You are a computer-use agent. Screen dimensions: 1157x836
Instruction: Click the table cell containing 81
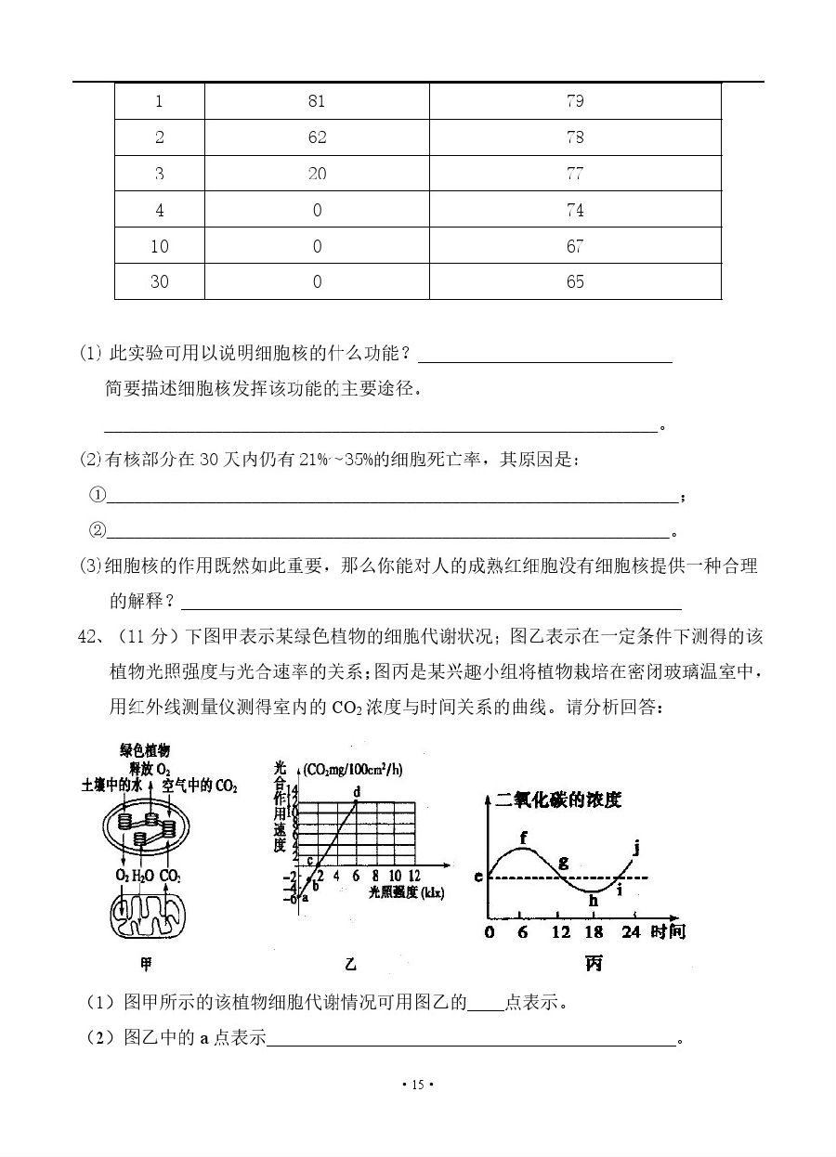coord(317,101)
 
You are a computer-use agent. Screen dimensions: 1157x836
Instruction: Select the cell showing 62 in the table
coord(317,137)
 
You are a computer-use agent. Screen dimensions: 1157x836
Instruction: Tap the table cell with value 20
coord(317,174)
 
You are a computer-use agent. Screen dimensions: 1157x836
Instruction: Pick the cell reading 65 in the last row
coord(575,281)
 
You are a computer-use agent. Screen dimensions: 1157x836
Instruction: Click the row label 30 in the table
coord(160,281)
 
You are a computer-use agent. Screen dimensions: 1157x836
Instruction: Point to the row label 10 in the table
coord(160,246)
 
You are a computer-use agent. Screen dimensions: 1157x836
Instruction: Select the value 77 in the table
coord(575,174)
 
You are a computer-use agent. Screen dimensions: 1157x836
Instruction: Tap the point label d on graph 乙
coord(357,791)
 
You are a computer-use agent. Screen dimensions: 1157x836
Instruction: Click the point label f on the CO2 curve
coord(524,838)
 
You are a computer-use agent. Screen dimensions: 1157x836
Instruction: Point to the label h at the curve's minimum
coord(594,899)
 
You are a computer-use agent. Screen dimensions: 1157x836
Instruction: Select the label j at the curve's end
coord(636,846)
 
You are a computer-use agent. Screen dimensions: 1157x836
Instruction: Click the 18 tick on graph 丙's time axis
coord(595,931)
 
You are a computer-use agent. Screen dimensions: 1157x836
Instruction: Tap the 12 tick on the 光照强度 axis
coord(413,876)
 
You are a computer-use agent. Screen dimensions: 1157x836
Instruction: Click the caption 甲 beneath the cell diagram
coord(146,964)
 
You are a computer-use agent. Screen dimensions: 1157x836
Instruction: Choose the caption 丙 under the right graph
coord(594,964)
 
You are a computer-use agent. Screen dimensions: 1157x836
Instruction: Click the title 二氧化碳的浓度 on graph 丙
coord(558,799)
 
